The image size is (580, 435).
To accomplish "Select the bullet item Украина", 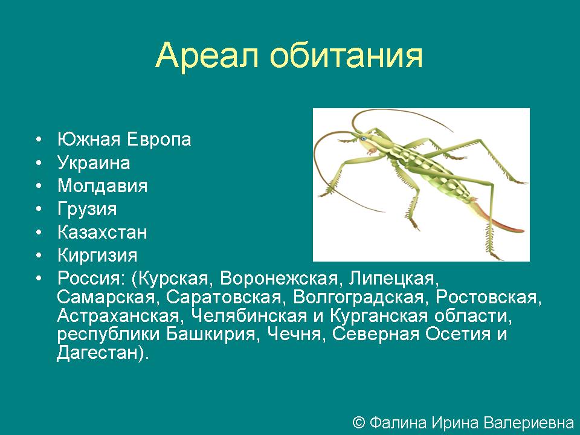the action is [x=94, y=163].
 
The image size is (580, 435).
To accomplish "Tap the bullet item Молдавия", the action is [x=103, y=185].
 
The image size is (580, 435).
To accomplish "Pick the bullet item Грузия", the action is [x=87, y=209].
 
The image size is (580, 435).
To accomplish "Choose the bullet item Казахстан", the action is [x=103, y=232].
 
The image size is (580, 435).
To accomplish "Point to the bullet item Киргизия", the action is [x=97, y=255].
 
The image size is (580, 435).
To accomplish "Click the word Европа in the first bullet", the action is [x=159, y=140].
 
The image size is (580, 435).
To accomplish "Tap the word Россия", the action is [x=91, y=279].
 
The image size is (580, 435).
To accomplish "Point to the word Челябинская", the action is [x=250, y=315].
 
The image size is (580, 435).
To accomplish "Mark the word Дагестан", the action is [x=97, y=352].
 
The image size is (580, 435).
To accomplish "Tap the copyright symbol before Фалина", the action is [x=359, y=422].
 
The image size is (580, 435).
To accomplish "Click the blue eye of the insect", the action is [x=363, y=139].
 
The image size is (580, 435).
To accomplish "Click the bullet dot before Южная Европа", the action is [x=39, y=140].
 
